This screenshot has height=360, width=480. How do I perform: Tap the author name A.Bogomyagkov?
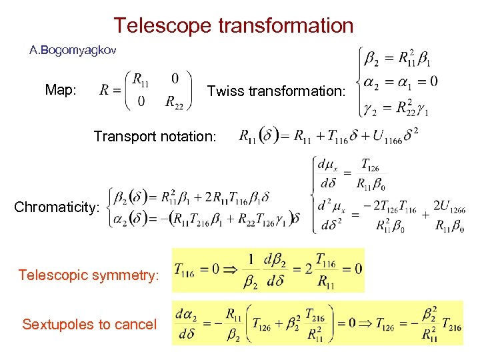[x=73, y=49]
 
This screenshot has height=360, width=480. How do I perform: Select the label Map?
[x=61, y=90]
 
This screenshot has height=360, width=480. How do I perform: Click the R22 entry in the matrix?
[x=174, y=102]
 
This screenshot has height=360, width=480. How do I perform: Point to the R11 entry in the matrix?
[x=141, y=79]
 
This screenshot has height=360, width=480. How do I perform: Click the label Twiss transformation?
[x=277, y=91]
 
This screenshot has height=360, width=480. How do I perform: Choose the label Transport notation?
[x=155, y=137]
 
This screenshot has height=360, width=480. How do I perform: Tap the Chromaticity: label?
[x=57, y=207]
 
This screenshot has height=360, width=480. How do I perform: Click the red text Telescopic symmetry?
[x=89, y=275]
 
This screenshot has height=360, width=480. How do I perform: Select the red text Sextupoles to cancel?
[x=89, y=325]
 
